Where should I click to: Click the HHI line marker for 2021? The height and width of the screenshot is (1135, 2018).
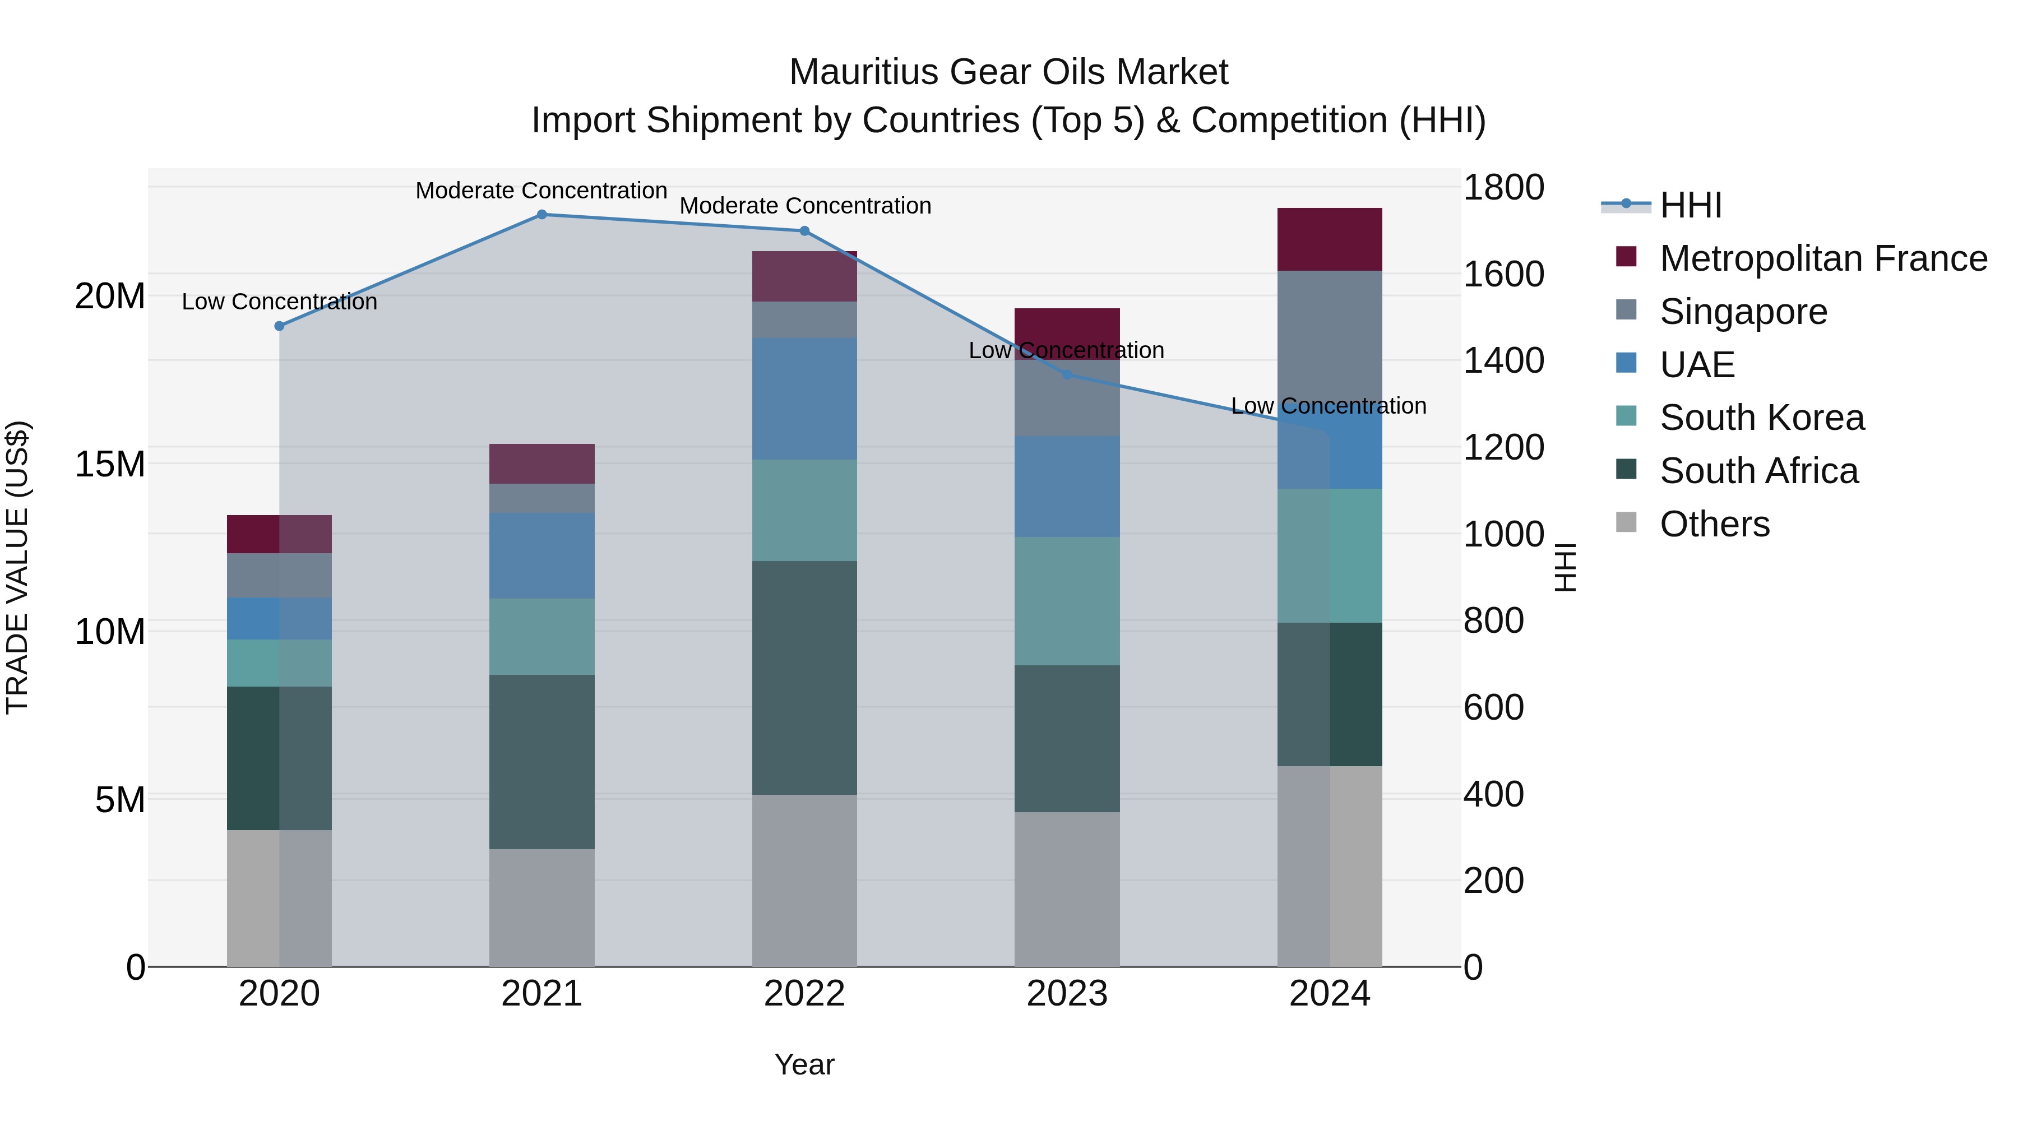(541, 214)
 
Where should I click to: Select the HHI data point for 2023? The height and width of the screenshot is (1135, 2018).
(1066, 374)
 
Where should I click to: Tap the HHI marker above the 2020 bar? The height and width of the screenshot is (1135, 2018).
(279, 326)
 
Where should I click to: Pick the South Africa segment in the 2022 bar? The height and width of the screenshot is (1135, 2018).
(804, 678)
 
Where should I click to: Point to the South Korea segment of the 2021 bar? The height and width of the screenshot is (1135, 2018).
(541, 636)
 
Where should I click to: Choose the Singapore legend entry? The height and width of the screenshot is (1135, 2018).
(1743, 312)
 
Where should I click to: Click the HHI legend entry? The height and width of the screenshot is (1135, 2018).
(1691, 205)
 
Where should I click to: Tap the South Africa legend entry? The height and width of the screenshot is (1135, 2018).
(1758, 471)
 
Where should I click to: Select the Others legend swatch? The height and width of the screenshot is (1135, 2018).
(1626, 522)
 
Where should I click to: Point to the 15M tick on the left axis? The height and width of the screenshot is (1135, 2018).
(110, 464)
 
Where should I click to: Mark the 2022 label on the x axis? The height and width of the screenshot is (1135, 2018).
(804, 994)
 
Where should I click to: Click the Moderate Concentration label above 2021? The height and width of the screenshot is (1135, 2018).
(541, 191)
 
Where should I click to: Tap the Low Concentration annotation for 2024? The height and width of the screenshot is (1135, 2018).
(1328, 406)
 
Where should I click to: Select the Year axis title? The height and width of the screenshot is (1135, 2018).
(804, 1064)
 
